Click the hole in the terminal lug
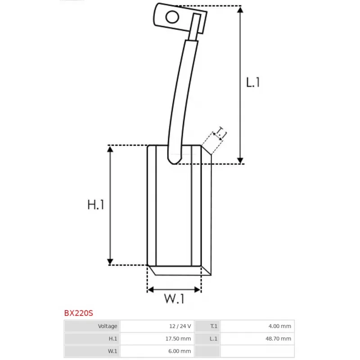(x=172, y=17)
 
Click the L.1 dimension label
(x=253, y=82)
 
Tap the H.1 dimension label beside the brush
(x=96, y=205)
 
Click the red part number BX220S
(x=78, y=312)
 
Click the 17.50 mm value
(x=179, y=339)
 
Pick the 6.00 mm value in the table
(x=180, y=351)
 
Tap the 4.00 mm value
(x=280, y=326)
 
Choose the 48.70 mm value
(x=279, y=339)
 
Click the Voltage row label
(x=108, y=326)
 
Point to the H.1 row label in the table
(x=112, y=339)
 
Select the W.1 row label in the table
(x=112, y=351)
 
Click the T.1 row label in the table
(x=214, y=326)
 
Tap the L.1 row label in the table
(x=214, y=339)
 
